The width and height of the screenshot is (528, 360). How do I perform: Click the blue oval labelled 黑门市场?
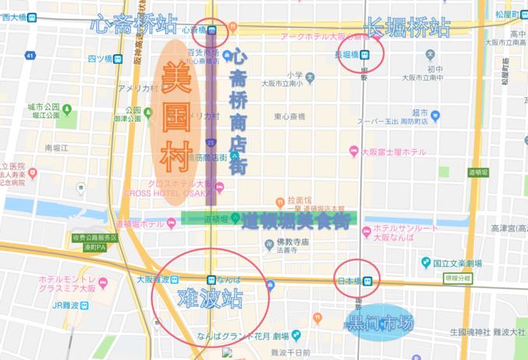click(x=380, y=324)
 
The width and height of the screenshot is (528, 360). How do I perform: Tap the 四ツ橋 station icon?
click(x=119, y=59)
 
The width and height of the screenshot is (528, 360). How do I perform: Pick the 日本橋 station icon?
click(x=367, y=280)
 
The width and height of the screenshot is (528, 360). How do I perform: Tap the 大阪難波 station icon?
click(x=174, y=279)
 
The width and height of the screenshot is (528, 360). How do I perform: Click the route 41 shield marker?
click(x=30, y=56)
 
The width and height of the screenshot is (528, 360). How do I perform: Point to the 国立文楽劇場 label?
click(x=458, y=264)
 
